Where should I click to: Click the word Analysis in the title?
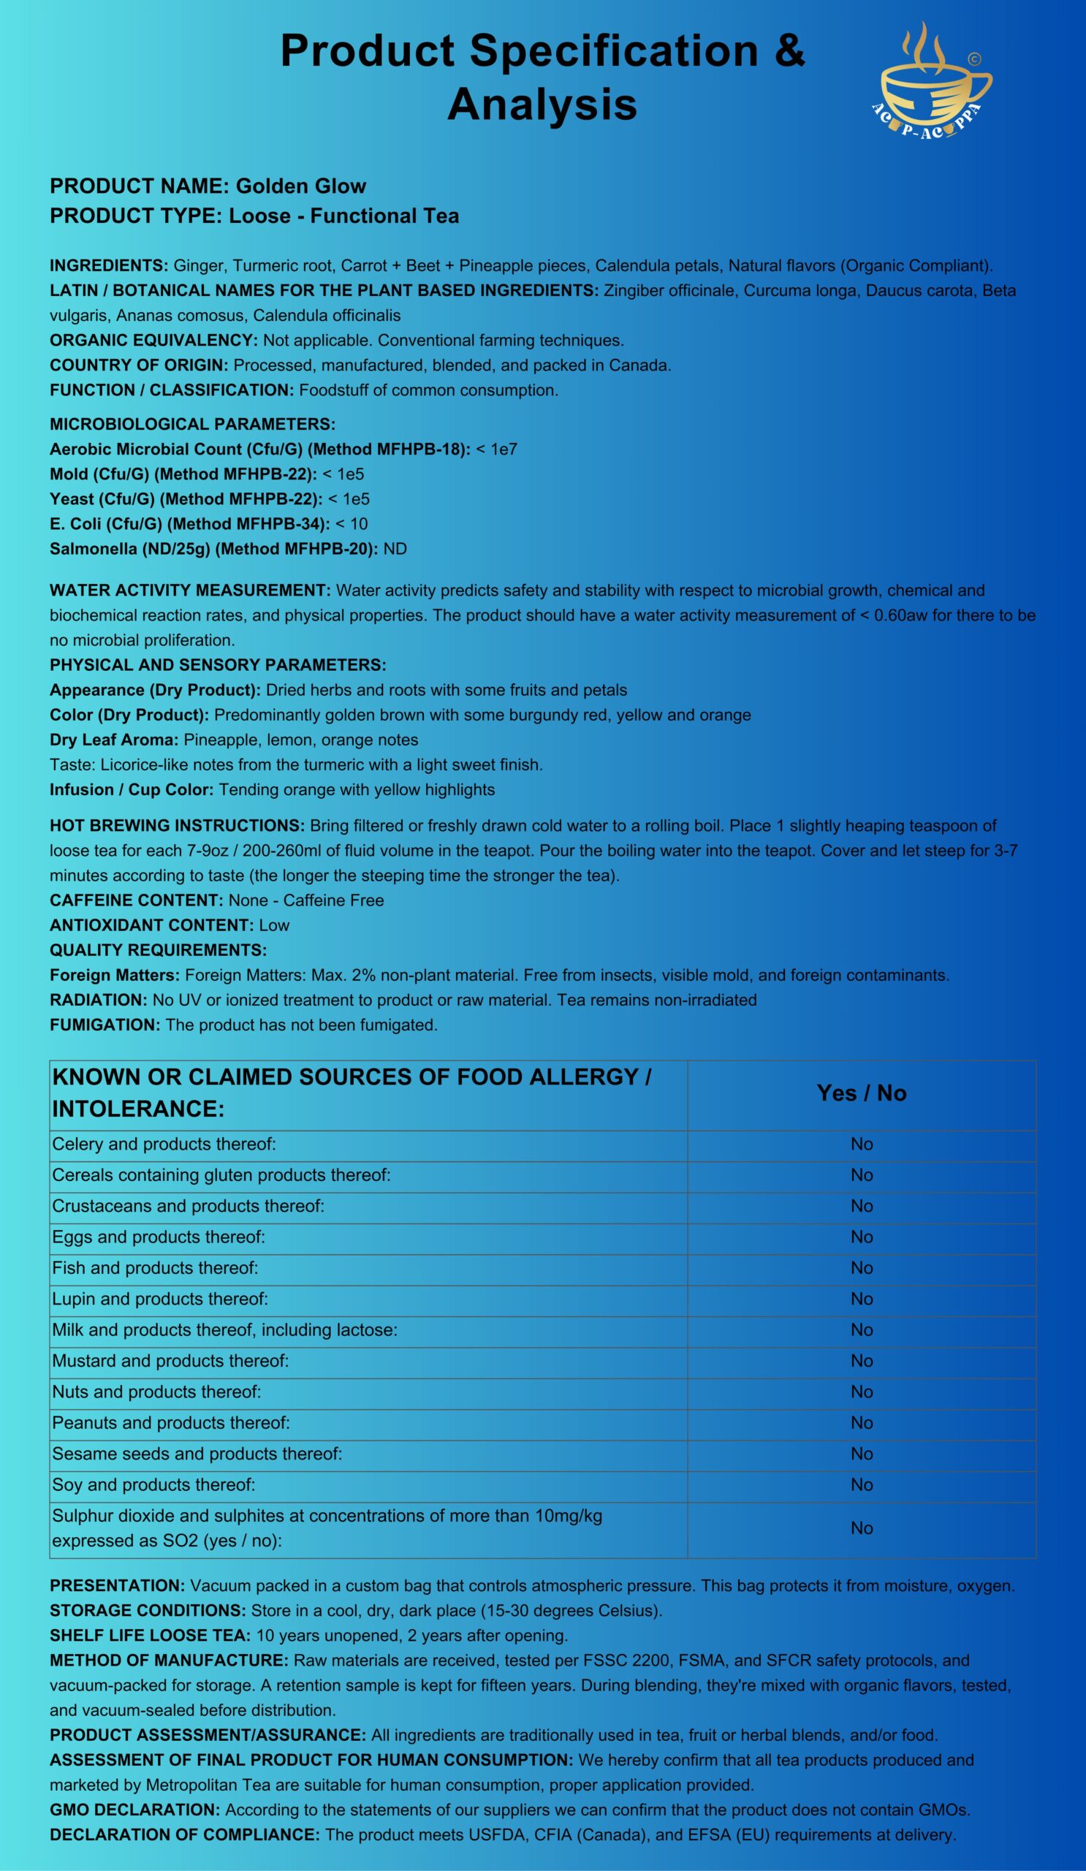pos(542,104)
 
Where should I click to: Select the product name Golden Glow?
pos(300,186)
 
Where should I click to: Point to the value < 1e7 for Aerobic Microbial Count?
pos(497,449)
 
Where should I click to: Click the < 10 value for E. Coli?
pos(352,524)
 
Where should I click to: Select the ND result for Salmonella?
pos(395,550)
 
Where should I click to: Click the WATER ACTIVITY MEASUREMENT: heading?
pos(190,591)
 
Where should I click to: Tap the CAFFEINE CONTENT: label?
pos(137,900)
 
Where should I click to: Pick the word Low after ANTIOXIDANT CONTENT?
pos(274,926)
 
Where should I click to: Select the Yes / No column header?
pos(861,1093)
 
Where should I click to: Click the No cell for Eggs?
pos(861,1237)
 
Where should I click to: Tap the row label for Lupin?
pos(159,1299)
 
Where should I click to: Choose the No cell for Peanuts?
pos(861,1422)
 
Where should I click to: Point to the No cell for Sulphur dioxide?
pos(861,1528)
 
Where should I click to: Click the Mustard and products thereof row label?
pos(170,1361)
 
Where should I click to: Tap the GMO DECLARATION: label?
pos(135,1810)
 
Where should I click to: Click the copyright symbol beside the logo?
pos(974,58)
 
